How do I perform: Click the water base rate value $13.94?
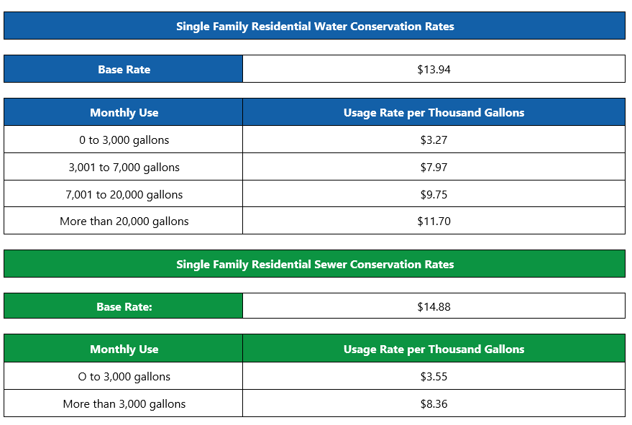pos(434,70)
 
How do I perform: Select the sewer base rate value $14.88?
pos(434,306)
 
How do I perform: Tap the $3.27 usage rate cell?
pos(434,140)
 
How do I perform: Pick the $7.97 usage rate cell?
pos(434,168)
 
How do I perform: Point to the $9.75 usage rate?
pos(434,195)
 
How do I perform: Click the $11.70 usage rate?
pos(434,221)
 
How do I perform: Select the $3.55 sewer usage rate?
pos(434,377)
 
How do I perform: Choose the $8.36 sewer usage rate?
pos(434,404)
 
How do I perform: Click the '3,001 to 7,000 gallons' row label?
pos(124,168)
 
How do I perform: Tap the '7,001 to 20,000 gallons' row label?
pos(124,195)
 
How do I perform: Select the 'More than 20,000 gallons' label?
pos(124,221)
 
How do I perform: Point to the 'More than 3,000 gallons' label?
pos(124,404)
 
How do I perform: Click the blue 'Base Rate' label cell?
pos(124,70)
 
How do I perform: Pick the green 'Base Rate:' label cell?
pos(124,306)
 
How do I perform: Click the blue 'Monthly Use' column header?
pos(124,113)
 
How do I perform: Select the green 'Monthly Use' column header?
pos(124,349)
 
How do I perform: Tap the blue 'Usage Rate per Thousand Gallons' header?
pos(434,113)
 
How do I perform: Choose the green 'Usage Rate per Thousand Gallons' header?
pos(434,349)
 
